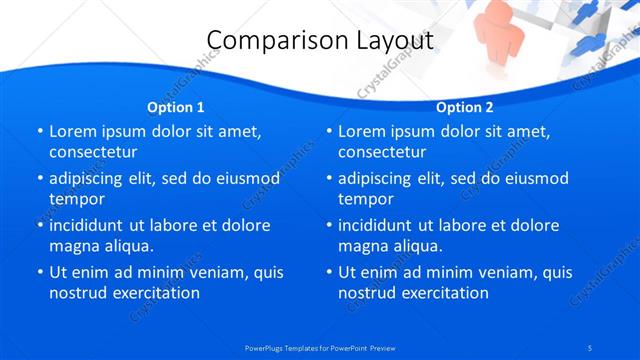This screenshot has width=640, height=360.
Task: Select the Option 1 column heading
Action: (176, 107)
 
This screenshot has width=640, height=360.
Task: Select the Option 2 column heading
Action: (465, 107)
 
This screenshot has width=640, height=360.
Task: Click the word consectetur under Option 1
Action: (93, 152)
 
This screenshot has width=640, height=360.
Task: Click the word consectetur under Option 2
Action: (382, 152)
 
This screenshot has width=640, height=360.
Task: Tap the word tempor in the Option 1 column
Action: (77, 198)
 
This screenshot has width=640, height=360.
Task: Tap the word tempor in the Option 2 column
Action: (366, 198)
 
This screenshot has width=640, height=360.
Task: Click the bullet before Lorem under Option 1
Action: (39, 131)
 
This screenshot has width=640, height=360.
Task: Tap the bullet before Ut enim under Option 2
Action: (328, 271)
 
